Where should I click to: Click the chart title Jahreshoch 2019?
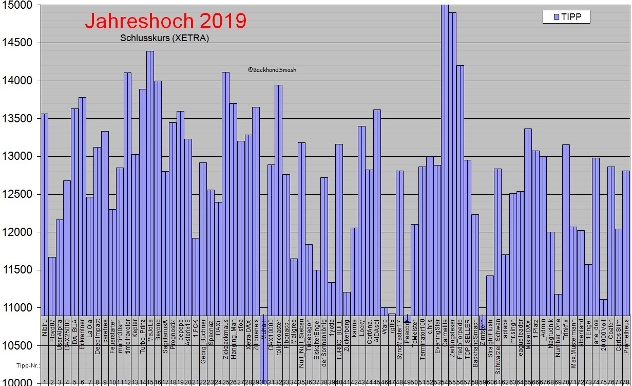pos(165,21)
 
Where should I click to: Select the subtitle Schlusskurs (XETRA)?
pos(164,38)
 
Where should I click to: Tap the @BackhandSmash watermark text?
pos(272,70)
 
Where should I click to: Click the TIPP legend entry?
pos(566,16)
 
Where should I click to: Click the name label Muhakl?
pos(263,327)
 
